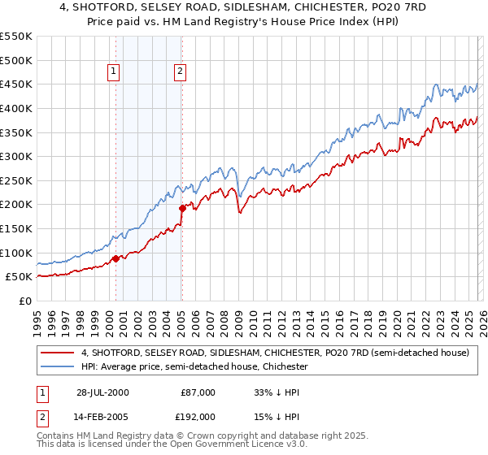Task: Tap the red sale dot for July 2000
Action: pos(115,258)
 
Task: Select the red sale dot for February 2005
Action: pos(182,208)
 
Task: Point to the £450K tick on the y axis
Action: pos(16,84)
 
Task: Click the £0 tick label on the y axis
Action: pos(26,301)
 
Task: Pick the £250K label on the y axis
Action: pos(16,180)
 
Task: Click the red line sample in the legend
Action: pos(58,353)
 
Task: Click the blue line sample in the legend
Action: pos(58,367)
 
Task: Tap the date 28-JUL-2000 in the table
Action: pos(102,392)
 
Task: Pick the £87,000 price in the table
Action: pos(198,392)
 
